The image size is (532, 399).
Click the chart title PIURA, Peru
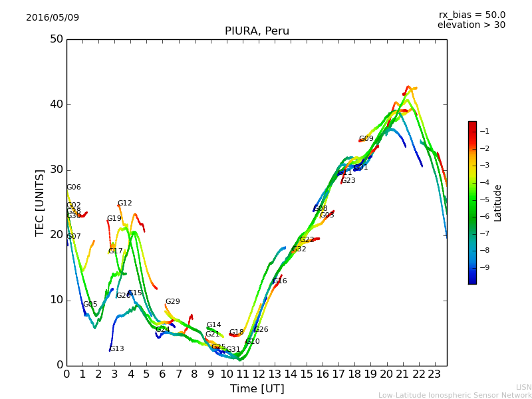257,31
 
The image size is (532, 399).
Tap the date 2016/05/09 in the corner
53,18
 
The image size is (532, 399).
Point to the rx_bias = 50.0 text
471,15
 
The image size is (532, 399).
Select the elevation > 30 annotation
471,25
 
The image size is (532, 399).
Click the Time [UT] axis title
257,389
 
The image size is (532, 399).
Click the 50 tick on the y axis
56,39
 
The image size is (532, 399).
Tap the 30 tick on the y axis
56,170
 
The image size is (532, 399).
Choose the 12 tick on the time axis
259,374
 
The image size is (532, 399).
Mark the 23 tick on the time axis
435,374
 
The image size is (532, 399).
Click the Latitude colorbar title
497,203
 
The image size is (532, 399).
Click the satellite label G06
74,188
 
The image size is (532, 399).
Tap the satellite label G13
117,349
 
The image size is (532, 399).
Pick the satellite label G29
173,302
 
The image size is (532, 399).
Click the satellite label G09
366,139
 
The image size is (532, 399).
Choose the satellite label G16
280,281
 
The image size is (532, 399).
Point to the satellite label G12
125,203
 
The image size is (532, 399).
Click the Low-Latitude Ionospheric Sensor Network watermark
455,395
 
